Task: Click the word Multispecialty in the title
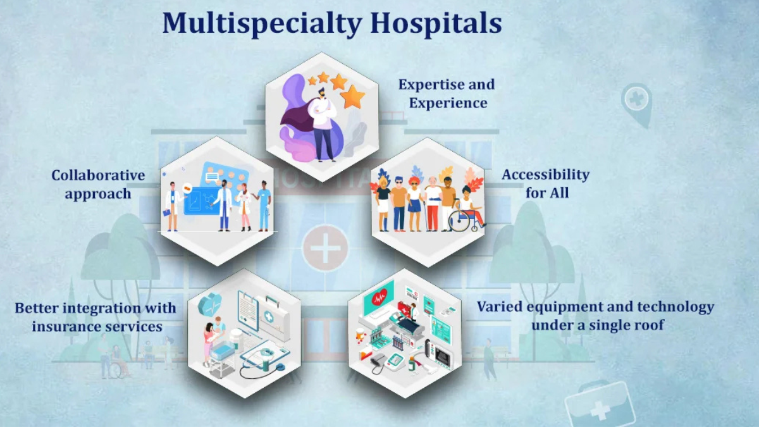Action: [x=262, y=23]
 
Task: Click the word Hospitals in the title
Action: [x=436, y=23]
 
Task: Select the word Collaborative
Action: [x=98, y=175]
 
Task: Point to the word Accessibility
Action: [x=545, y=175]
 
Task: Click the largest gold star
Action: [x=352, y=97]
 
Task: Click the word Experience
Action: [x=448, y=102]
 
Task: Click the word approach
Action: [x=98, y=194]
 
